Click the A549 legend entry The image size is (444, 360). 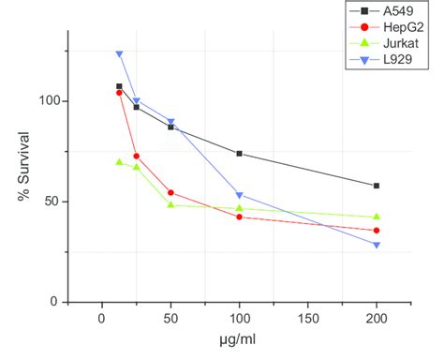point(391,11)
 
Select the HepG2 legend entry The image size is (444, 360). point(393,28)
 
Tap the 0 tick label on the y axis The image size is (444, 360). point(55,302)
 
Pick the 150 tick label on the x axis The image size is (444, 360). point(307,320)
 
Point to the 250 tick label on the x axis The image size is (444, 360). point(422,320)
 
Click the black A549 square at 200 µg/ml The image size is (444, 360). point(377,186)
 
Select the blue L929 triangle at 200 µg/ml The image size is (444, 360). point(377,246)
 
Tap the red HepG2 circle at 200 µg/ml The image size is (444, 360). point(377,231)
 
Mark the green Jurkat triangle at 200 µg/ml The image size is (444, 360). point(377,217)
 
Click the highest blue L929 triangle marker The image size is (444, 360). point(119,53)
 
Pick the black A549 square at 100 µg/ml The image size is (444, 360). point(240,154)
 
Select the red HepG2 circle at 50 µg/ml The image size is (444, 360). point(170,192)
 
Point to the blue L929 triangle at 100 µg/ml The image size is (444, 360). point(240,195)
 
